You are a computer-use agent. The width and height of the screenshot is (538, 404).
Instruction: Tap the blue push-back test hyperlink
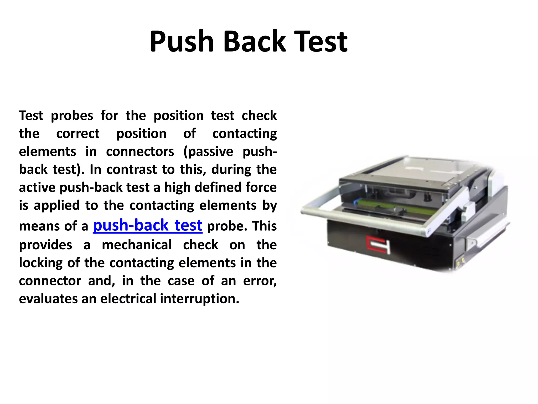148,225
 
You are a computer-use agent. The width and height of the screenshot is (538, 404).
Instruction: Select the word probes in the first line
72,116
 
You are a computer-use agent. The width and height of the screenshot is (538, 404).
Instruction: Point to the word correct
78,134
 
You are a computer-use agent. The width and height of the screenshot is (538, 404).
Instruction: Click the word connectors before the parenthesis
140,152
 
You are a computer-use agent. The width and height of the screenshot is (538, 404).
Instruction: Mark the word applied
57,206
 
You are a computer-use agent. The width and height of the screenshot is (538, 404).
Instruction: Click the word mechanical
137,245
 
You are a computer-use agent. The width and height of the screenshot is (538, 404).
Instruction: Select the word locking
41,263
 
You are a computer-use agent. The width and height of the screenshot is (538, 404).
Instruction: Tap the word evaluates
48,299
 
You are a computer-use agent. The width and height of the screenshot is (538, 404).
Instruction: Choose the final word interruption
200,299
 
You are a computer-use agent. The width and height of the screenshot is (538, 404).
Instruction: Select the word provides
45,245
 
